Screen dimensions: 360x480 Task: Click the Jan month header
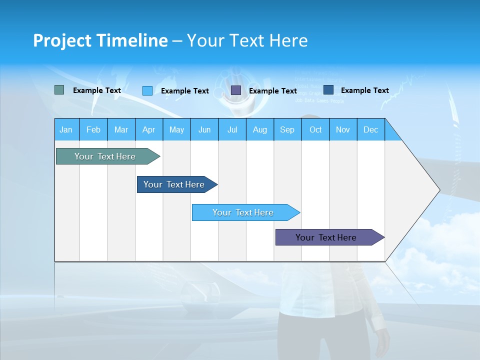point(66,129)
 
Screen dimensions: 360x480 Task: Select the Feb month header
point(93,129)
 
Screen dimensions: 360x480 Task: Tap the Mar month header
point(121,129)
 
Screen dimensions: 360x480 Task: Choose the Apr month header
point(148,129)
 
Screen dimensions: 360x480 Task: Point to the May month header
point(176,129)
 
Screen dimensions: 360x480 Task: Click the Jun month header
point(204,129)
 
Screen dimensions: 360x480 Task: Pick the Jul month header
point(232,129)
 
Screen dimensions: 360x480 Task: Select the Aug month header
point(260,129)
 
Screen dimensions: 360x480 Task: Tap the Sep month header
point(287,129)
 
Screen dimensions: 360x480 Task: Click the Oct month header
point(315,129)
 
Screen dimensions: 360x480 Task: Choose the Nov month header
point(343,129)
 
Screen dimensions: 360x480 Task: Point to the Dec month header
point(371,129)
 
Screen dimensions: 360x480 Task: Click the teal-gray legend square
point(59,90)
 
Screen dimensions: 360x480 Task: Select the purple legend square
point(236,90)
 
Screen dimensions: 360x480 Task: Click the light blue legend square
point(147,90)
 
